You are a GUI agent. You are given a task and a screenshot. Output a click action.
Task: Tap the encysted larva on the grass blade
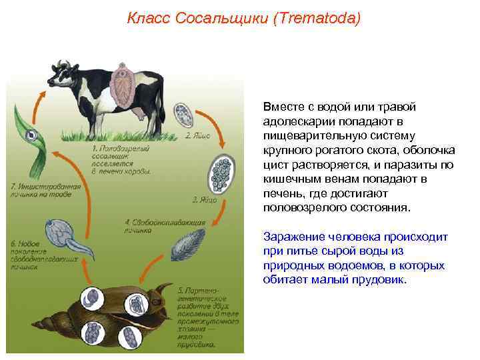pos(30,137)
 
